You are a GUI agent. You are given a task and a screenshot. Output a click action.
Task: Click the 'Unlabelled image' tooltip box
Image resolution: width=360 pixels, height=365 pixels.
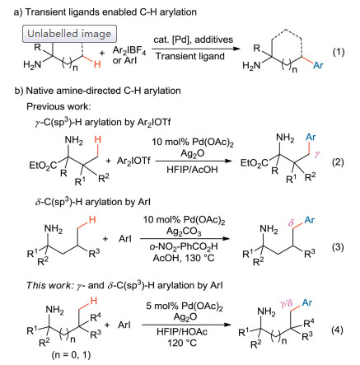pos(69,34)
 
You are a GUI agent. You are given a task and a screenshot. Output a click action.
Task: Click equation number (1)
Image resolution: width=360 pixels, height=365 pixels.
pos(339,52)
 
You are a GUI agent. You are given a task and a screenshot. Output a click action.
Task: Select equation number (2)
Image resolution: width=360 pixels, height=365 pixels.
pos(338,162)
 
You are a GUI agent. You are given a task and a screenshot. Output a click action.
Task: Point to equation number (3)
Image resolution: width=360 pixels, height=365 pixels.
pos(338,247)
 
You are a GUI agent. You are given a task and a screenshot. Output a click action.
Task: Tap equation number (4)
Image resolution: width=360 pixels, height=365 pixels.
pos(338,330)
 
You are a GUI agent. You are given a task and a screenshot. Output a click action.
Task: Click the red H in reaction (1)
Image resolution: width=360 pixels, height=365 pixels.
pos(97,64)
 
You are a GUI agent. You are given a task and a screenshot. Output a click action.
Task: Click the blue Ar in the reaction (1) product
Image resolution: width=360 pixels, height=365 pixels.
pos(318,65)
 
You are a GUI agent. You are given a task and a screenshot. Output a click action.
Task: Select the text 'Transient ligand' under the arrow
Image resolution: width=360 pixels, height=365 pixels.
pos(190,56)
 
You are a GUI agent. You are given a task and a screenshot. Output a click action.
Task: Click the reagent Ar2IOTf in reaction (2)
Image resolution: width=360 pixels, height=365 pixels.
pos(133,161)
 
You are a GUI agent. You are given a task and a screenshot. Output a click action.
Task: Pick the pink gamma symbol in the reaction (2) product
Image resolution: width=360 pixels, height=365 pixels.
pos(317,155)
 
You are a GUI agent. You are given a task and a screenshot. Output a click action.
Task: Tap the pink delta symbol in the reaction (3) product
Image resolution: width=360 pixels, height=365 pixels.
pos(291,222)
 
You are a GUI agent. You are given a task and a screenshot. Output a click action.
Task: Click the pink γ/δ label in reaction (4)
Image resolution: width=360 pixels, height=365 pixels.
pos(287,304)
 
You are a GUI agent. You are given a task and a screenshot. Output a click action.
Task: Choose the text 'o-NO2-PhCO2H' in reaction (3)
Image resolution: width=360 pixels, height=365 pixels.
pos(184,246)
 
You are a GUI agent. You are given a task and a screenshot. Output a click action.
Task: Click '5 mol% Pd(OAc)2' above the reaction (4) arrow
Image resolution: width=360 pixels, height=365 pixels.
pos(185,307)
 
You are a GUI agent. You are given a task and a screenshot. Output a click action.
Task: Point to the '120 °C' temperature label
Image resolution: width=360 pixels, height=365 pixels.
pos(182,343)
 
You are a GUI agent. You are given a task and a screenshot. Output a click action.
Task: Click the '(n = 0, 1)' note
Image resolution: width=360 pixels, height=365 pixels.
pos(71,355)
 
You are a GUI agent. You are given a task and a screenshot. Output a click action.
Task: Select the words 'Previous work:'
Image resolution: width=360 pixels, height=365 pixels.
pos(58,106)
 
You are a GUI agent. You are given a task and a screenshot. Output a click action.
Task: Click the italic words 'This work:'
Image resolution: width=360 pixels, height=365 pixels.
pos(49,286)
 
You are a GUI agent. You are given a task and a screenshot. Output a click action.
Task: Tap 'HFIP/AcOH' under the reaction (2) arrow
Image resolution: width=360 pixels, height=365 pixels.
pos(192,170)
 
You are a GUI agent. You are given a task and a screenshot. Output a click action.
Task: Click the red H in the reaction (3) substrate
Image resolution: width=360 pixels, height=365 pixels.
pos(92,220)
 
